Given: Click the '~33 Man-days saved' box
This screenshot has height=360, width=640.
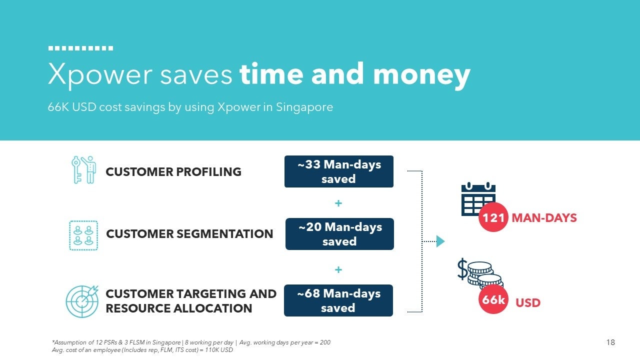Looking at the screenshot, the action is pyautogui.click(x=339, y=171).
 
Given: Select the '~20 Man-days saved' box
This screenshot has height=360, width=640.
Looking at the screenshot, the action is pyautogui.click(x=339, y=234).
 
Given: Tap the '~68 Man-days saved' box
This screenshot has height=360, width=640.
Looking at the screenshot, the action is pyautogui.click(x=338, y=300).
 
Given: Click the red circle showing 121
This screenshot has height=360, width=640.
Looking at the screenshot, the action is pyautogui.click(x=493, y=217).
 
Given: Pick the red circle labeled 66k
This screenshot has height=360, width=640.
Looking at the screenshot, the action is pyautogui.click(x=493, y=299).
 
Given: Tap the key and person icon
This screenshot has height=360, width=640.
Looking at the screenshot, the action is pyautogui.click(x=83, y=169).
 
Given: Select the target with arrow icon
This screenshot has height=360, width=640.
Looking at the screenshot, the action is pyautogui.click(x=82, y=301).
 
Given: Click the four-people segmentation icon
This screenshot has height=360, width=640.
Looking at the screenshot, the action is pyautogui.click(x=83, y=235).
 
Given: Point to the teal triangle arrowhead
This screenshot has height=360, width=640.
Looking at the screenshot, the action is pyautogui.click(x=440, y=241).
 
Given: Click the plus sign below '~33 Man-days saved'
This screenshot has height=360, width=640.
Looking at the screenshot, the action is pyautogui.click(x=338, y=203).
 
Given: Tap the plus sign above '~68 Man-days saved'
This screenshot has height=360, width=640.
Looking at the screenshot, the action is pyautogui.click(x=338, y=269).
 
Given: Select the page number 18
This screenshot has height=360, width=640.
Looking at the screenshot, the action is pyautogui.click(x=610, y=342).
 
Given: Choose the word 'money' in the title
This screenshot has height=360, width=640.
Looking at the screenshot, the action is pyautogui.click(x=421, y=75).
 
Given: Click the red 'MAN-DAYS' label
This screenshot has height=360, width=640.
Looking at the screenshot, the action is pyautogui.click(x=544, y=218).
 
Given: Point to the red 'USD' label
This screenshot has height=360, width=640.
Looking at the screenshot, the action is pyautogui.click(x=528, y=303).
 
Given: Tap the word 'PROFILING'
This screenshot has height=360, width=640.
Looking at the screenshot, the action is pyautogui.click(x=209, y=171).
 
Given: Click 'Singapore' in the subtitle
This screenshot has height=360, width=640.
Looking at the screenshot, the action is pyautogui.click(x=304, y=107).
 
